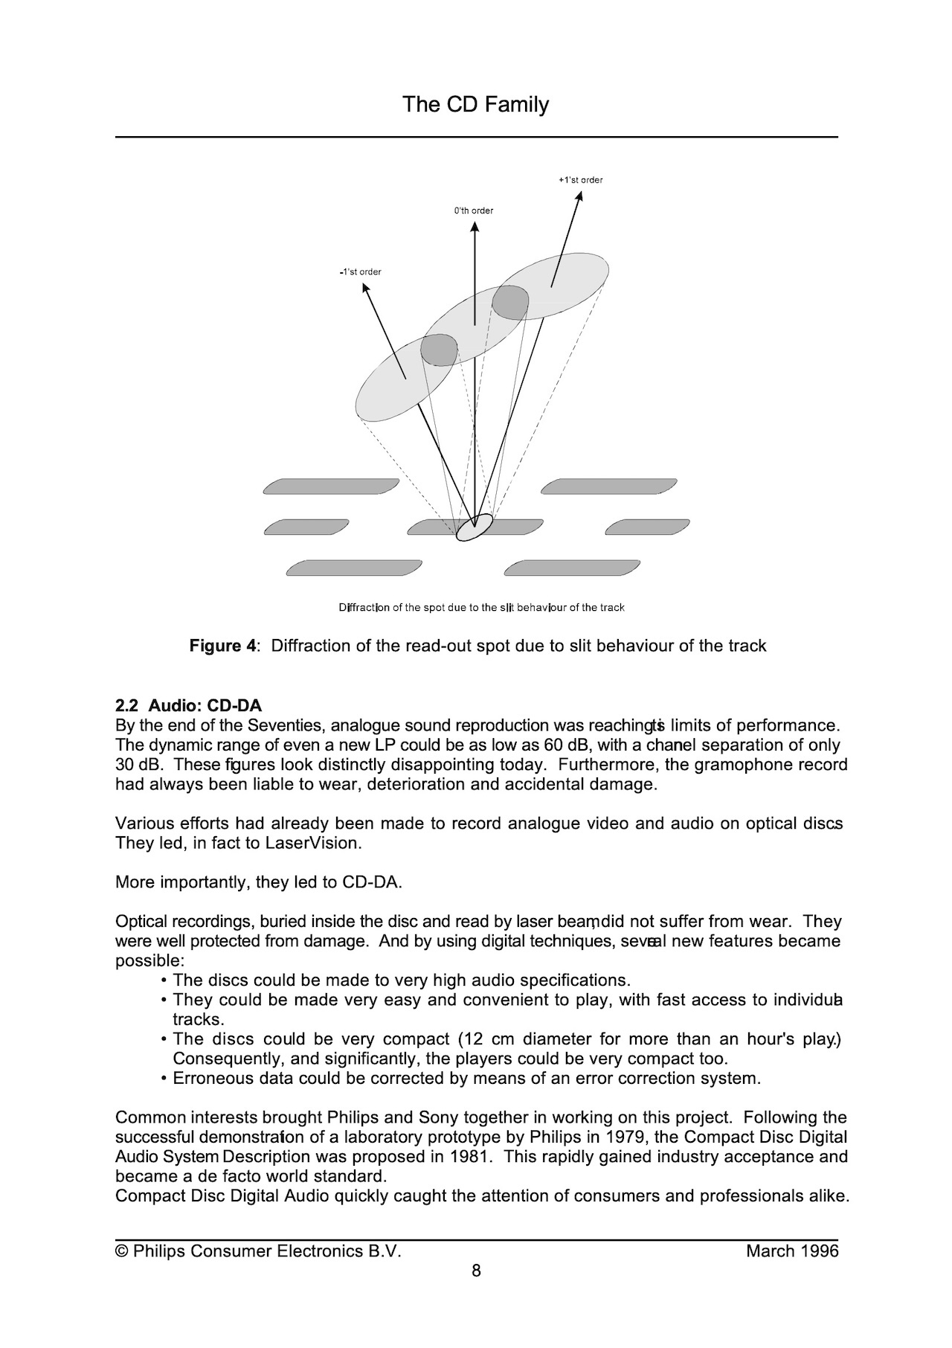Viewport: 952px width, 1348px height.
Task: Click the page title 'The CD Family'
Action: point(475,104)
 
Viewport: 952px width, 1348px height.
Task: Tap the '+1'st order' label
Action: point(580,180)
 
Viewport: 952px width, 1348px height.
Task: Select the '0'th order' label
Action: point(474,211)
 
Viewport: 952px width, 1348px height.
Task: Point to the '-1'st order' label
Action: point(360,272)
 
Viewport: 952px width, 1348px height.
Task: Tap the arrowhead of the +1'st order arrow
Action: point(579,196)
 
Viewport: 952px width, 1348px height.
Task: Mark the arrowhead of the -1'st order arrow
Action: point(365,287)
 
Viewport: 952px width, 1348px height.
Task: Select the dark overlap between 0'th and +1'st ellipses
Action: point(510,302)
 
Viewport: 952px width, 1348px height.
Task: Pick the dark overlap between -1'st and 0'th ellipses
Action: point(439,350)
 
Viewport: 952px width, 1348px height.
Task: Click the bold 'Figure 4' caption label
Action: point(222,646)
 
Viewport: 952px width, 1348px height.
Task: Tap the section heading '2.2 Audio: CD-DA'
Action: point(189,705)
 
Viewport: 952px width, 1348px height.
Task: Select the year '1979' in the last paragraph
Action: point(624,1137)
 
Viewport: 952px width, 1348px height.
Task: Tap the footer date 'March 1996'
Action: point(792,1251)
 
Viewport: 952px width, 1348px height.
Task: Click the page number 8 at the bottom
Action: point(476,1271)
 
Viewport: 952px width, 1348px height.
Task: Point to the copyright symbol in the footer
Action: point(121,1251)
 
